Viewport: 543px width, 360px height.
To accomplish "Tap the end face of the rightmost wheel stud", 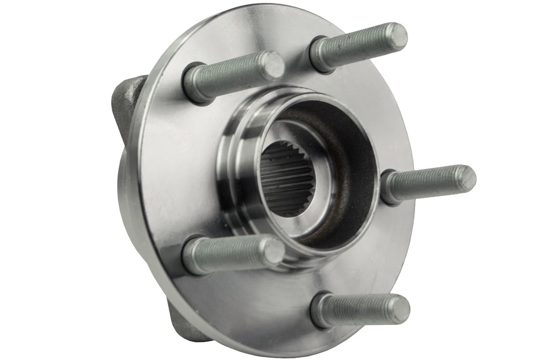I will click(x=465, y=179).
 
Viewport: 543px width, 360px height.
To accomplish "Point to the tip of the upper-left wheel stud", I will click(x=273, y=65).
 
